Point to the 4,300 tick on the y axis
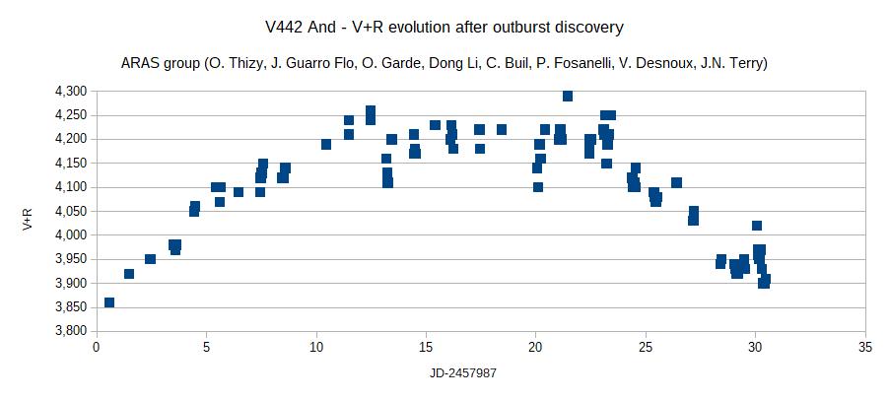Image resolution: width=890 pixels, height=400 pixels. click(72, 91)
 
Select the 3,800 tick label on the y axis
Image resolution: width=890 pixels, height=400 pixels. click(72, 331)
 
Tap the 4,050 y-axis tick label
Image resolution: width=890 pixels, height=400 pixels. click(72, 211)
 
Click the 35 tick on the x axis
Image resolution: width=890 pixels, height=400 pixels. click(864, 347)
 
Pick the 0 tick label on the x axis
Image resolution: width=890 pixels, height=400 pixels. click(97, 347)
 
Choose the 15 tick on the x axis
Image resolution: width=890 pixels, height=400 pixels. click(426, 347)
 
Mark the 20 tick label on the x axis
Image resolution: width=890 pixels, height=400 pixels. click(535, 347)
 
